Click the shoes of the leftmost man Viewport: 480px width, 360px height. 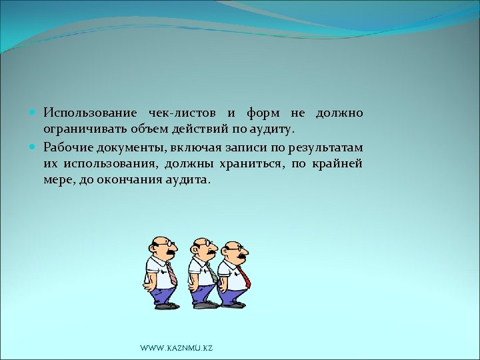coord(166,305)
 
